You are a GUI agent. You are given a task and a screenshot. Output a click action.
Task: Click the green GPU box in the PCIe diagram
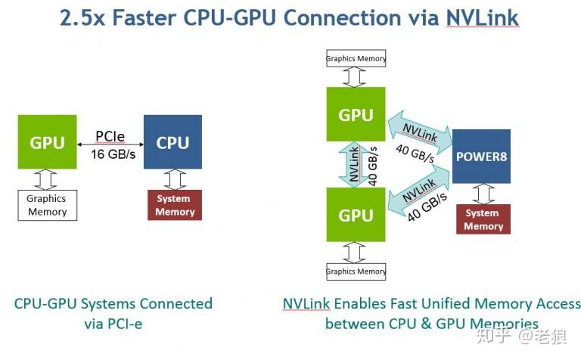47,142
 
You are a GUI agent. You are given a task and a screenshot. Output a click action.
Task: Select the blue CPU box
172,142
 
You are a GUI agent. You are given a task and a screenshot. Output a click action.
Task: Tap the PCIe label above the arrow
110,137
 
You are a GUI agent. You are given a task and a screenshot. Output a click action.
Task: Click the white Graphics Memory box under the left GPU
47,206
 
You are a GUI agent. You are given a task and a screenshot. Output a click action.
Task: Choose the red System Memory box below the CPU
174,205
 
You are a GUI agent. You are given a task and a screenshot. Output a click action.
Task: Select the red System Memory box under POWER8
483,219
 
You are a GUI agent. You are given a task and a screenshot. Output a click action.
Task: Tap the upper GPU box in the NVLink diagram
356,115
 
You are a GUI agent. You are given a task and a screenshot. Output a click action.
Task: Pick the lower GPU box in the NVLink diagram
356,215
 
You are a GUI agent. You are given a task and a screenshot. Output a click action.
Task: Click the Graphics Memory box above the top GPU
356,58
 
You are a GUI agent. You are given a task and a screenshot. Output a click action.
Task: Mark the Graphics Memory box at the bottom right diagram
356,271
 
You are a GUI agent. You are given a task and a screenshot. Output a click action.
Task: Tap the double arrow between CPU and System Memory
175,179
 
